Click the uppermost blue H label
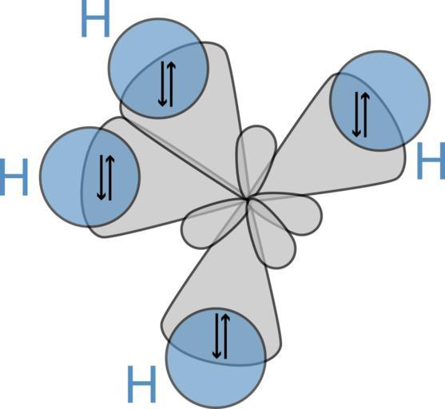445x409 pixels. pos(95,18)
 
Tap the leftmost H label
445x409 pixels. pos(14,177)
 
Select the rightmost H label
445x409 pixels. pos(431,161)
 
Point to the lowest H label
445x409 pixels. pos(141,384)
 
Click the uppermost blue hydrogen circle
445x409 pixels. pos(158,69)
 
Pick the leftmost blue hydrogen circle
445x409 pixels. pos(90,177)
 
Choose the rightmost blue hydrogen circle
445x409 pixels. pos(380,101)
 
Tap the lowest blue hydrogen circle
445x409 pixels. pos(216,358)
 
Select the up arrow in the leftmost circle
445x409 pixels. pos(110,177)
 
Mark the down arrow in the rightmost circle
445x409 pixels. pos(356,115)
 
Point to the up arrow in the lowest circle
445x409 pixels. pos(225,336)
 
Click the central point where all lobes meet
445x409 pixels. pos(247,200)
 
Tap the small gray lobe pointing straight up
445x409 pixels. pos(256,159)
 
